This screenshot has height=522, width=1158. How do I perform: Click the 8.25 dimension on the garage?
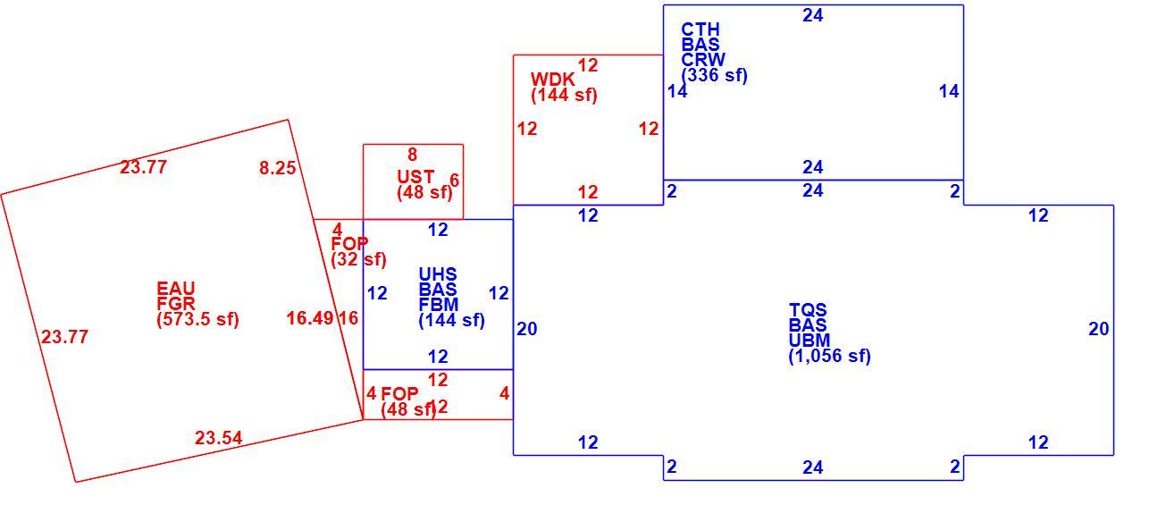click(278, 168)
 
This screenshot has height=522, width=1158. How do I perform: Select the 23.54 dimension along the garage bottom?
click(218, 438)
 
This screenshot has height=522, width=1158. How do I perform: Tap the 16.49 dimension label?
click(310, 318)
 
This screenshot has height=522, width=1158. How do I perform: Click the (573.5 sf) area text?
click(197, 319)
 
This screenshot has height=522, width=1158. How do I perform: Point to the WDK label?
click(552, 80)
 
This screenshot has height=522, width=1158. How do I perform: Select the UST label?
click(415, 176)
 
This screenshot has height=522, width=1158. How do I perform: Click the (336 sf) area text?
click(715, 75)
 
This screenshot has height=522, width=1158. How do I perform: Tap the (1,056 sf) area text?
click(830, 356)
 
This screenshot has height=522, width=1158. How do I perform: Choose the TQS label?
click(808, 310)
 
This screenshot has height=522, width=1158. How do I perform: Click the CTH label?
click(701, 29)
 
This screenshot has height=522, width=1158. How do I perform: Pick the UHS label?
click(438, 274)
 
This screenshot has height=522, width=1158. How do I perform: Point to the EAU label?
click(176, 288)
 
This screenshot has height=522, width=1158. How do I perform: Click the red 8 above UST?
click(412, 154)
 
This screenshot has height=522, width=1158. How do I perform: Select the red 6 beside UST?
click(455, 180)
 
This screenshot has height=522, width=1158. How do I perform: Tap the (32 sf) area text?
click(359, 259)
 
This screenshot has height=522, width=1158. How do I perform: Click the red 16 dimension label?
click(348, 318)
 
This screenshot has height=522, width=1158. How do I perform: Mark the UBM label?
click(810, 341)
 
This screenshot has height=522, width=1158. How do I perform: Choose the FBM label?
click(439, 304)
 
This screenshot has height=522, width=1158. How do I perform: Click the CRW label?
click(703, 60)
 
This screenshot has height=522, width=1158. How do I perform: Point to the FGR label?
click(176, 303)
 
